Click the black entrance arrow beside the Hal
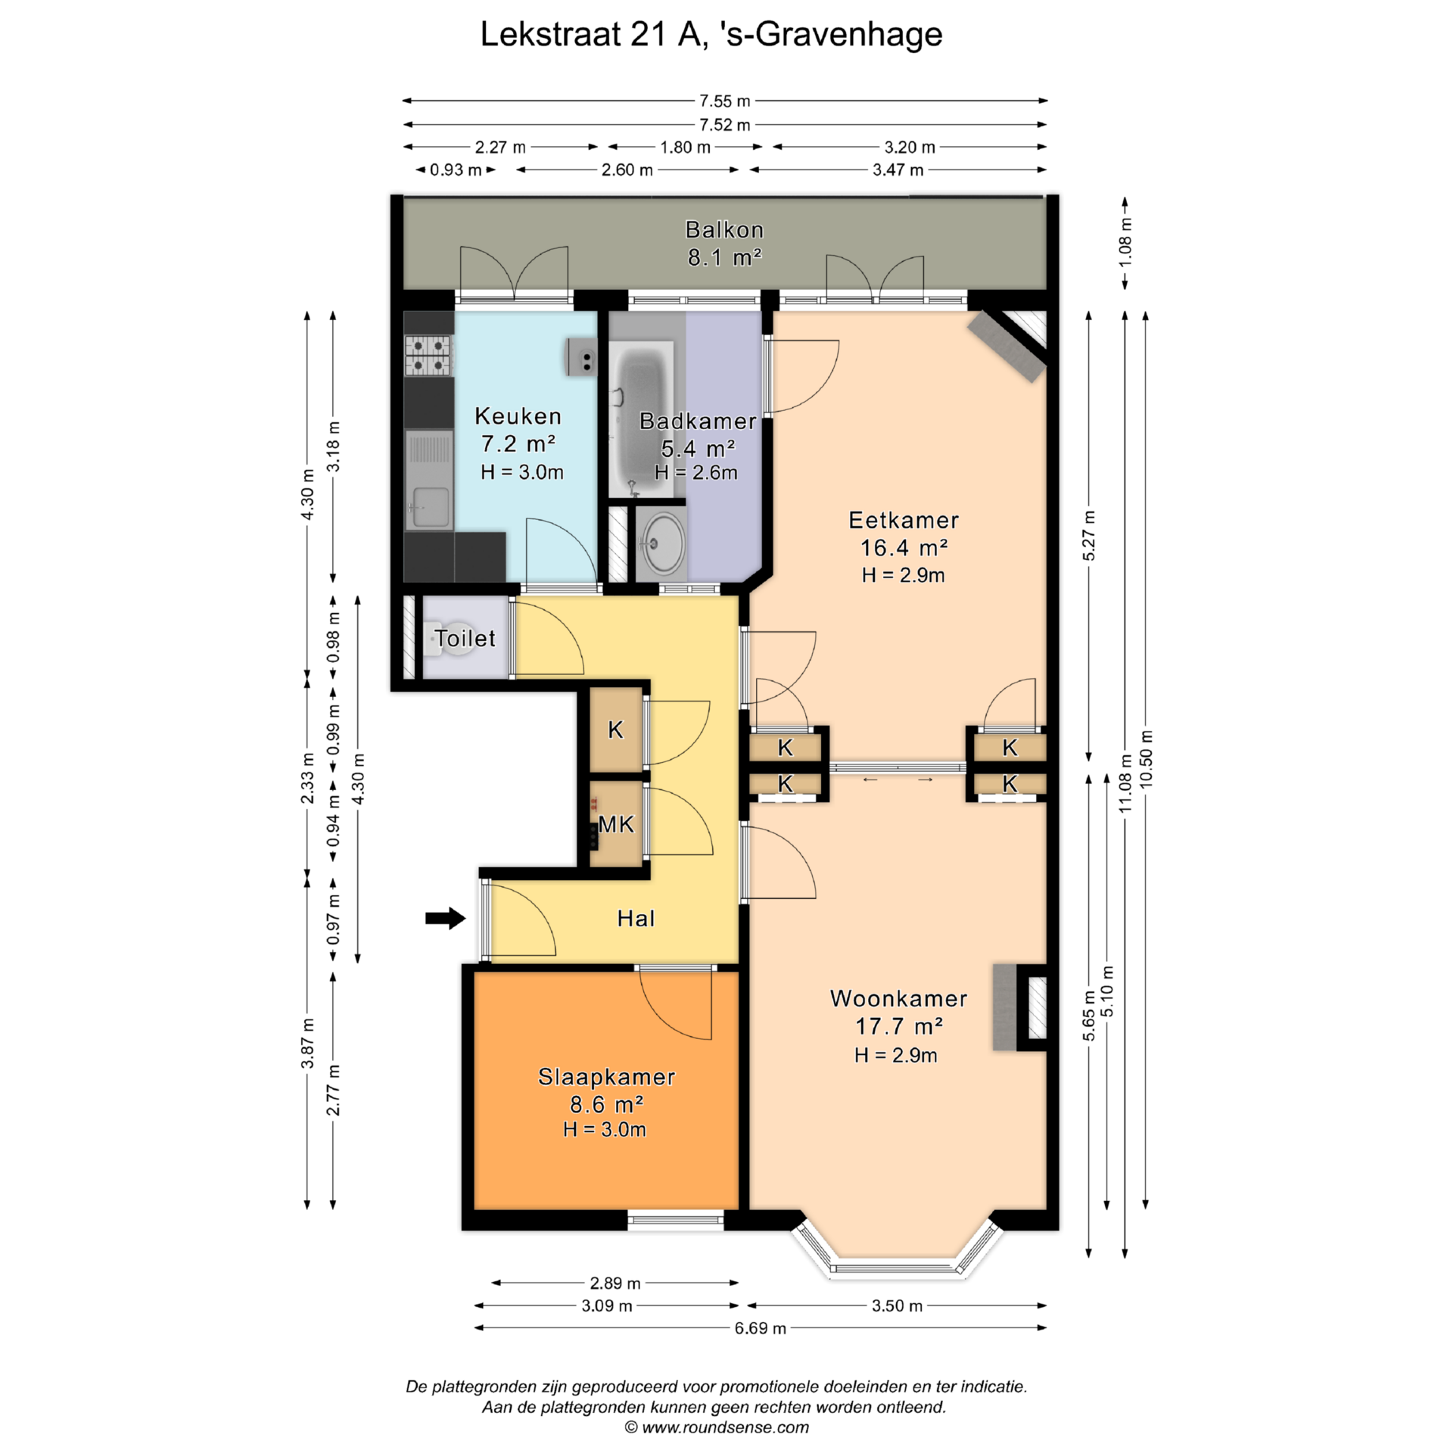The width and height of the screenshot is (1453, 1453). click(x=445, y=918)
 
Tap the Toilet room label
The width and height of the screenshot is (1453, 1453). click(x=465, y=638)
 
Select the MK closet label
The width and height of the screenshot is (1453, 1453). click(x=616, y=824)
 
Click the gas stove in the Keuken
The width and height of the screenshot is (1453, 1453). click(x=428, y=356)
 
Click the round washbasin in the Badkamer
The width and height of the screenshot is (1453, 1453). click(x=661, y=543)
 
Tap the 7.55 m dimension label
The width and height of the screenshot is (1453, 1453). click(x=724, y=101)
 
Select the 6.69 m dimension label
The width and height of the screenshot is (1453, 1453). click(x=760, y=1328)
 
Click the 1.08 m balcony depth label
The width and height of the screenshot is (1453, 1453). click(x=1125, y=241)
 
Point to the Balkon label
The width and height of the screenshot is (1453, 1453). click(x=724, y=229)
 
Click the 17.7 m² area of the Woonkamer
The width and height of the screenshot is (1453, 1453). click(x=899, y=1026)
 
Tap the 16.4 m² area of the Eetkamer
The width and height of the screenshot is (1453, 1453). click(x=904, y=547)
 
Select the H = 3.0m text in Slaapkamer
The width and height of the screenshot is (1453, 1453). click(x=605, y=1130)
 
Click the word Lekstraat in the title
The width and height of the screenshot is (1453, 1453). click(x=551, y=35)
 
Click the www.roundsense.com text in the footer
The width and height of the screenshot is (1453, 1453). click(x=725, y=1428)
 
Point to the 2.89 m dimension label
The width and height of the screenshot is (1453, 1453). click(x=615, y=1283)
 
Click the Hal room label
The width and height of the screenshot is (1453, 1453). click(x=636, y=918)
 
